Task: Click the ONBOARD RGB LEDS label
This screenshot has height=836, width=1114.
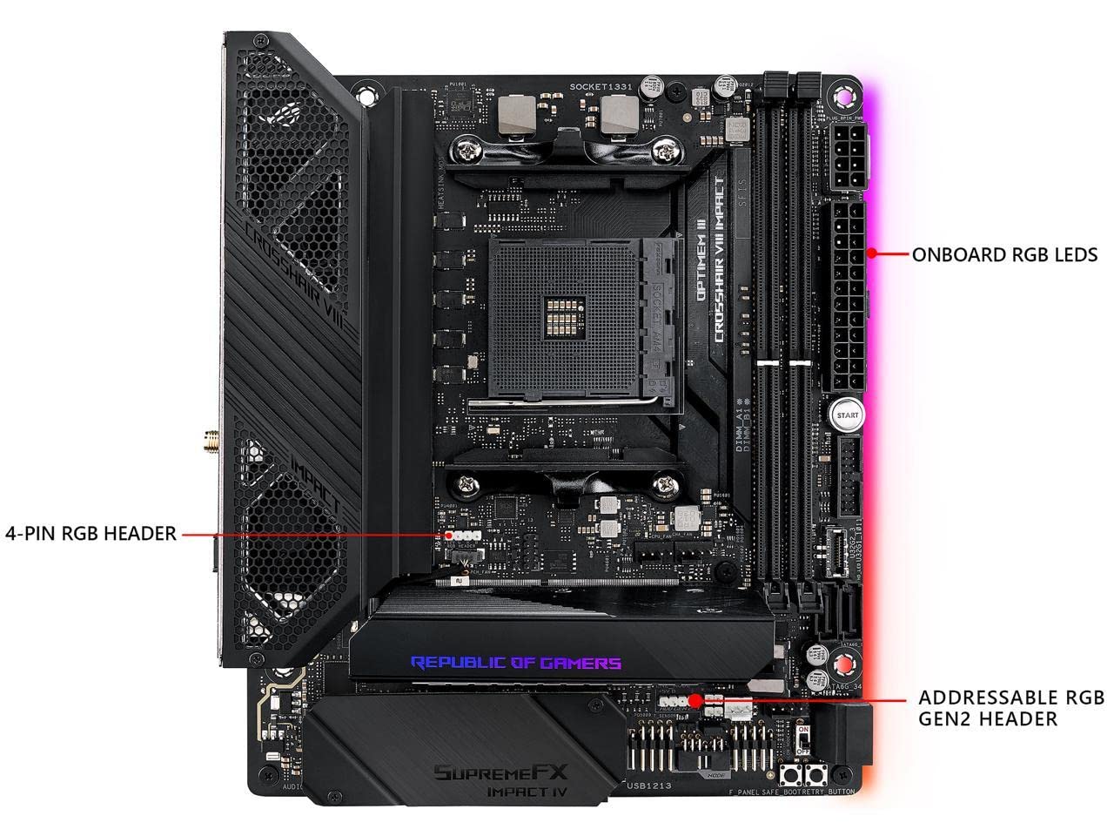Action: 1004,255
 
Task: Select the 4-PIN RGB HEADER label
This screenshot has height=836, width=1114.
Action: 91,533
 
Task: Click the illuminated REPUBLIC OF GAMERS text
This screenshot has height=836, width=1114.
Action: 516,664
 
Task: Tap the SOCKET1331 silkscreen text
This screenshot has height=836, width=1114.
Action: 601,87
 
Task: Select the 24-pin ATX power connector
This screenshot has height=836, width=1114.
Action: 843,296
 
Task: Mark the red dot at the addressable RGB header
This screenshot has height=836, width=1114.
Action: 695,699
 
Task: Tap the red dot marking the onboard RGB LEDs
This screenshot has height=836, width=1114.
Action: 871,254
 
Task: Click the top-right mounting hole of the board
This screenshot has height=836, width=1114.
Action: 842,96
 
